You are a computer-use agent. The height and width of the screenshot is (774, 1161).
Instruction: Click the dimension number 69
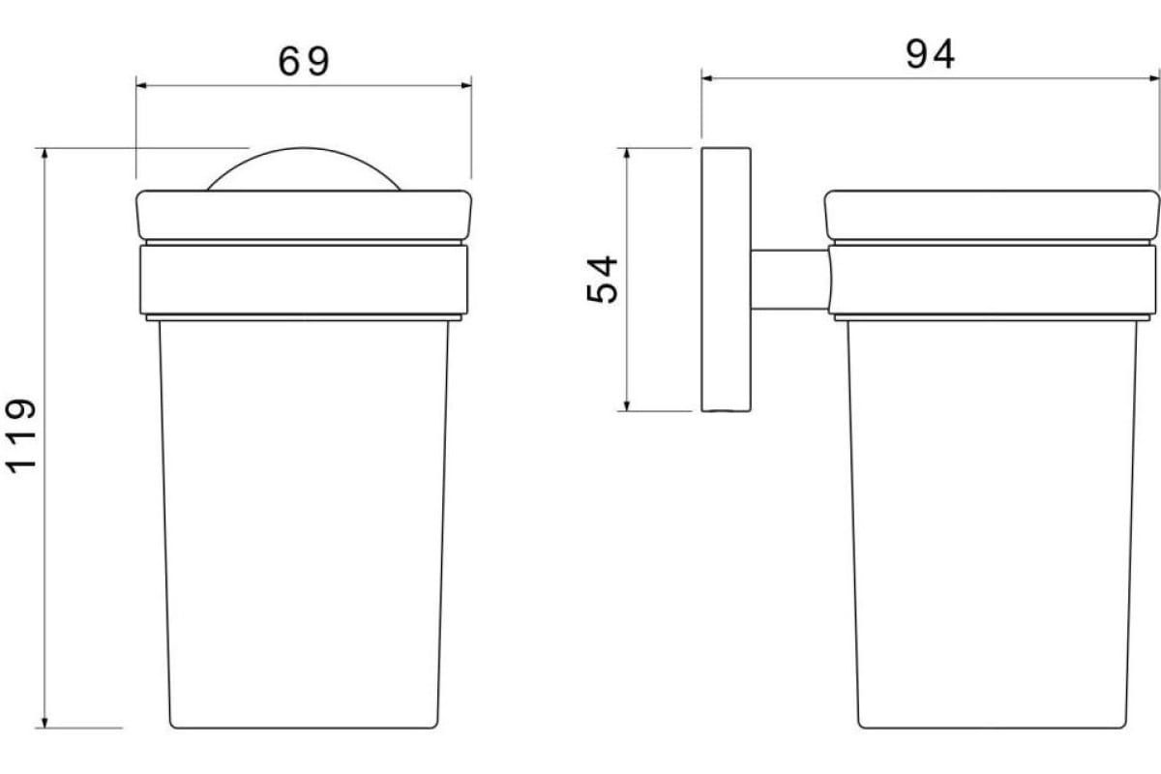click(304, 62)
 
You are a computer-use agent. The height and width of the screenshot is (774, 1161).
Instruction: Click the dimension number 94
click(931, 54)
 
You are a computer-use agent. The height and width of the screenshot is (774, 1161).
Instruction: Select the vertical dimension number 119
click(21, 435)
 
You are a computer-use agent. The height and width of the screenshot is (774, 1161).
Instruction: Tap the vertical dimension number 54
click(602, 279)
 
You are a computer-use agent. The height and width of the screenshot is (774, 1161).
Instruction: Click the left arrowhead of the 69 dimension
click(141, 85)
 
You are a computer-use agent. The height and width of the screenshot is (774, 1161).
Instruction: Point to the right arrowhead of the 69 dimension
click(466, 85)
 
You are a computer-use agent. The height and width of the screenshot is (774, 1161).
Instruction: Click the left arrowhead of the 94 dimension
click(707, 78)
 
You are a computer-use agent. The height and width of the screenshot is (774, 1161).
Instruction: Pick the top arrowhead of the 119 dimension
click(45, 154)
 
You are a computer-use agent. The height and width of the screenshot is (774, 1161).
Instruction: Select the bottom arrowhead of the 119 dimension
click(45, 722)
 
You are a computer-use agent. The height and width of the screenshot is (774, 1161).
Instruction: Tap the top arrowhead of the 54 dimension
click(627, 154)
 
